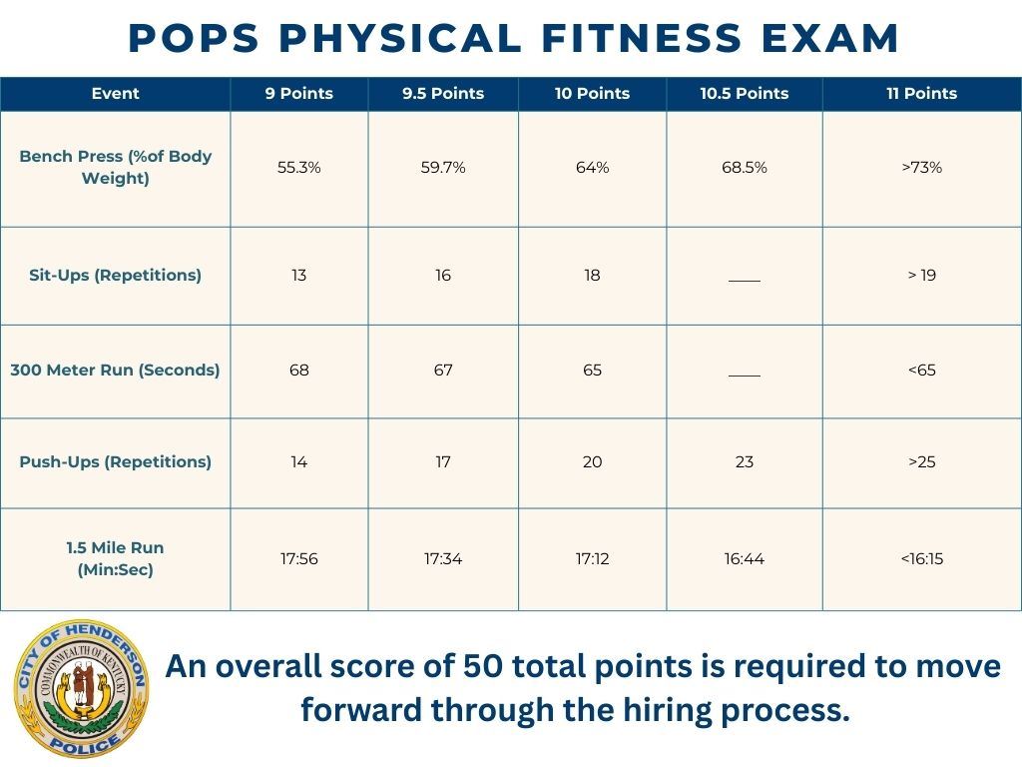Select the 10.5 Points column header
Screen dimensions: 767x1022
[x=744, y=94]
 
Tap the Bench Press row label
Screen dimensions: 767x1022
[x=116, y=167]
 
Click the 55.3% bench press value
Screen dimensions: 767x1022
[x=299, y=168]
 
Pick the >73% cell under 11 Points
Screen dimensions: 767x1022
[x=921, y=168]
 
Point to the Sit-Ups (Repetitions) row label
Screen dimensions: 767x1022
[x=116, y=276]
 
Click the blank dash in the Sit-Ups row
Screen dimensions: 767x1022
[x=744, y=279]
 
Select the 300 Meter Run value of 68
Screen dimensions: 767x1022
[x=299, y=371]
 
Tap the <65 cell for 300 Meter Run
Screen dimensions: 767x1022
[x=921, y=371]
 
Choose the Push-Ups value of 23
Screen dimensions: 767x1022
[x=744, y=462]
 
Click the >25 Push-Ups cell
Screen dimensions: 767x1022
[x=921, y=462]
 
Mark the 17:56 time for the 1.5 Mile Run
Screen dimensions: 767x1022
[x=299, y=559]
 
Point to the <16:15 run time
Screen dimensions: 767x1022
[x=921, y=559]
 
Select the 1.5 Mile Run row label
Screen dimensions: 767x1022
[x=116, y=558]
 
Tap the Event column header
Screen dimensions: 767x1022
[x=116, y=94]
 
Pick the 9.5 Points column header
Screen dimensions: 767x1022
[x=443, y=94]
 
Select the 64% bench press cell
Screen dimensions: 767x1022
[x=592, y=168]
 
